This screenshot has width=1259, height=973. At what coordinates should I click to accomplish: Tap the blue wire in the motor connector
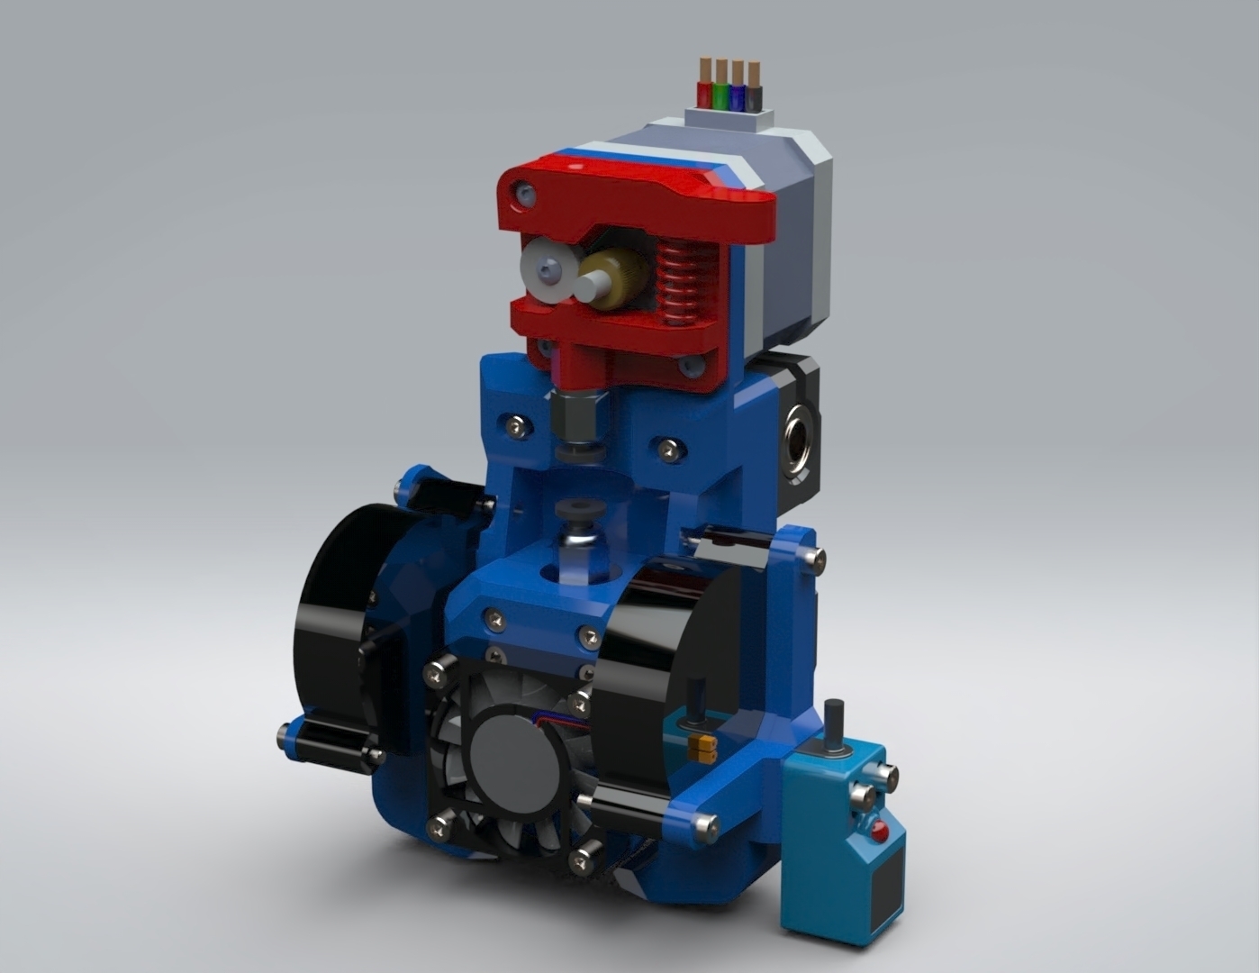click(738, 95)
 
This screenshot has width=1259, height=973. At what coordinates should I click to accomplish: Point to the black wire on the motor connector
click(754, 95)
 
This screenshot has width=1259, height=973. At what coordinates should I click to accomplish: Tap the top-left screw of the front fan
click(437, 670)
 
